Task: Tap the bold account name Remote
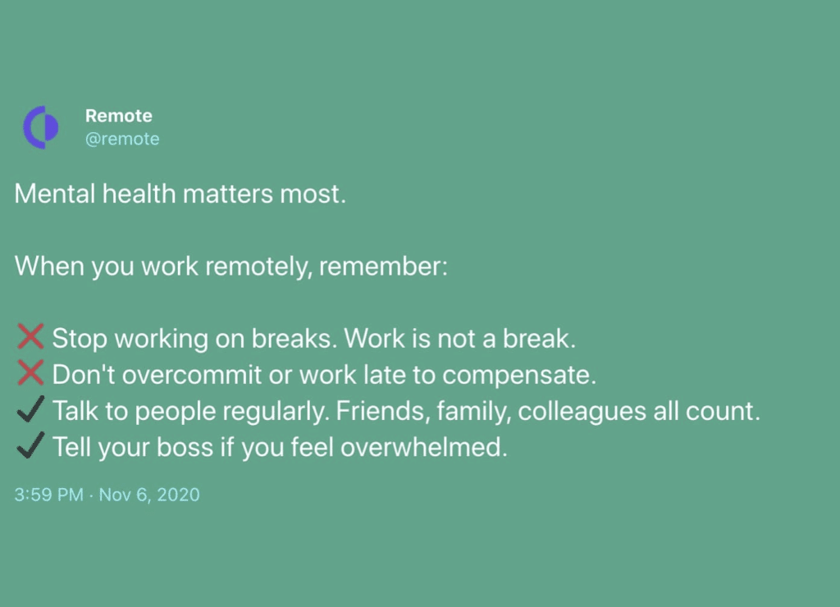point(118,116)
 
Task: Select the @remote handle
point(122,139)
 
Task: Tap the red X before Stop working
point(30,337)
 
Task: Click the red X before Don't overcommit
point(30,373)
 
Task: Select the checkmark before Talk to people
point(30,409)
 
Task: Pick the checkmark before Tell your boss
point(30,445)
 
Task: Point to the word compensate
point(519,375)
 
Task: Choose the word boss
point(185,447)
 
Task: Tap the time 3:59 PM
point(48,495)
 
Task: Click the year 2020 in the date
point(178,495)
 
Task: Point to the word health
point(139,194)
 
